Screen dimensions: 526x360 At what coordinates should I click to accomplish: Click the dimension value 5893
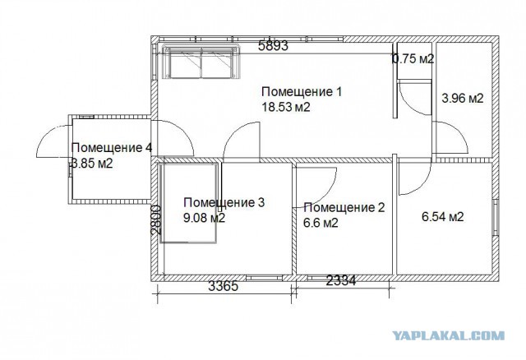(x=273, y=45)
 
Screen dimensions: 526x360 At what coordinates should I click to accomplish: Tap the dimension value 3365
(x=224, y=286)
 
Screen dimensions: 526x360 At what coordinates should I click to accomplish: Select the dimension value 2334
(x=341, y=280)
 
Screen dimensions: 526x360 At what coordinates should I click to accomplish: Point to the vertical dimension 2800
(x=156, y=219)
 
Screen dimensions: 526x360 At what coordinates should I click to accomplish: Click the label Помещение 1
(x=302, y=91)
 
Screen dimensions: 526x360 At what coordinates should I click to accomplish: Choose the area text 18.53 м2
(x=286, y=108)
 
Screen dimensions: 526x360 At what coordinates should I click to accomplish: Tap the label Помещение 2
(x=344, y=208)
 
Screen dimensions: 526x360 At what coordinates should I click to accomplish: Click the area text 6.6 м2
(x=321, y=223)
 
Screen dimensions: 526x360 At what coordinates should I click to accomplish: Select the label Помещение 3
(x=224, y=202)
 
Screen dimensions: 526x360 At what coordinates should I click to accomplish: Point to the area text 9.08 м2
(x=205, y=218)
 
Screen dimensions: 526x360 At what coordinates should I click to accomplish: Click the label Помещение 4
(x=112, y=148)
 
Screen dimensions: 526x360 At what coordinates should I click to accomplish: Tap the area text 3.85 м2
(x=92, y=164)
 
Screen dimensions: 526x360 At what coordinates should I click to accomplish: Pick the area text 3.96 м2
(x=463, y=99)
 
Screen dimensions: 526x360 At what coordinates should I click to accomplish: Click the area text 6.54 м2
(x=443, y=217)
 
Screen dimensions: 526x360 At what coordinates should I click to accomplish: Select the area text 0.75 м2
(x=413, y=59)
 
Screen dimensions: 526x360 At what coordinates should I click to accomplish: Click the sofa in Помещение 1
(x=201, y=62)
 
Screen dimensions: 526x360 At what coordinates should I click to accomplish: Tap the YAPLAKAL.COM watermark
(x=449, y=335)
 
